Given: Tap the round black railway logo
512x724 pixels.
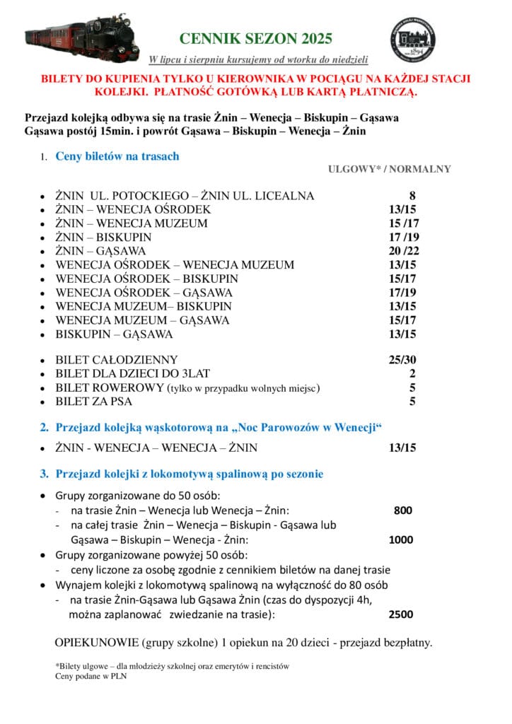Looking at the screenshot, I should pos(413,39).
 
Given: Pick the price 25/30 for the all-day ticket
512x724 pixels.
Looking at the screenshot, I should pos(402,360).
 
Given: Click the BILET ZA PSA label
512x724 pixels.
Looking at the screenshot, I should pos(94,402).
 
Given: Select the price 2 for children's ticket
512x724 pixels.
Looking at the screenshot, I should pos(412,374).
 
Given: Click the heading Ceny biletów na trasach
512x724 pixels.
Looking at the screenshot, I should pos(117,156).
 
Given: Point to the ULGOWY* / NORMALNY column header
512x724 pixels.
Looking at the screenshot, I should pos(389,169).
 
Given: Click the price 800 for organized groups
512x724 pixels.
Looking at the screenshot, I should pos(402,510).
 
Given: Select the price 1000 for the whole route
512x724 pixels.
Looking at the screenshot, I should pos(401,540).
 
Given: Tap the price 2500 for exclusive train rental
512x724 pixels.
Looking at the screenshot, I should pos(401,614).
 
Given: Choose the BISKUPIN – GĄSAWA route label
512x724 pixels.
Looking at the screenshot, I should pos(114,334).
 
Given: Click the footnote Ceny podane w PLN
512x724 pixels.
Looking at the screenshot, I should pos(91,676).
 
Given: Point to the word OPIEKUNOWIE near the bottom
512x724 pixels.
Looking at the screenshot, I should pos(96,643).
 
